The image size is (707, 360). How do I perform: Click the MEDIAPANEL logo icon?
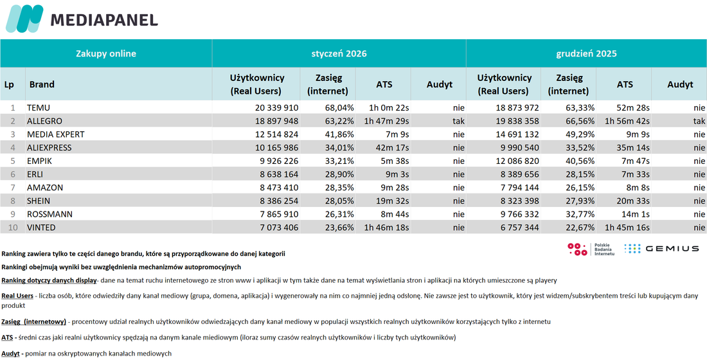click(x=24, y=19)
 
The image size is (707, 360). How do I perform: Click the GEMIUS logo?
click(x=661, y=248)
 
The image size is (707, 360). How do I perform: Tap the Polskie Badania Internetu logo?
click(x=591, y=249)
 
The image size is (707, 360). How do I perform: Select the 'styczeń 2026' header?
click(x=339, y=54)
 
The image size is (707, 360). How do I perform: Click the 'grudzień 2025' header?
click(x=586, y=54)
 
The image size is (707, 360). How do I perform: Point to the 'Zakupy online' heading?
click(x=106, y=54)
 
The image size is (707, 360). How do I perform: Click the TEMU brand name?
click(x=39, y=108)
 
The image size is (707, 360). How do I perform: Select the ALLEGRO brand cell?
click(x=44, y=122)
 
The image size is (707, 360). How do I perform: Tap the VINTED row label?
click(x=42, y=228)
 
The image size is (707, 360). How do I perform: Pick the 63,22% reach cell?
click(x=339, y=122)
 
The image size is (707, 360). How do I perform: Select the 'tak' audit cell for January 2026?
click(x=458, y=122)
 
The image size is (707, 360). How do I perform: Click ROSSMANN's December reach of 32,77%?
click(x=580, y=214)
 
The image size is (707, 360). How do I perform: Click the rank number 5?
click(x=13, y=161)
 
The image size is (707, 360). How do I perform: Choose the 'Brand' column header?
click(x=42, y=84)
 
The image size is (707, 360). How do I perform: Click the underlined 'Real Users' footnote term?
click(x=17, y=296)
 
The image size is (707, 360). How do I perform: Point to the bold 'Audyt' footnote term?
click(x=10, y=354)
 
